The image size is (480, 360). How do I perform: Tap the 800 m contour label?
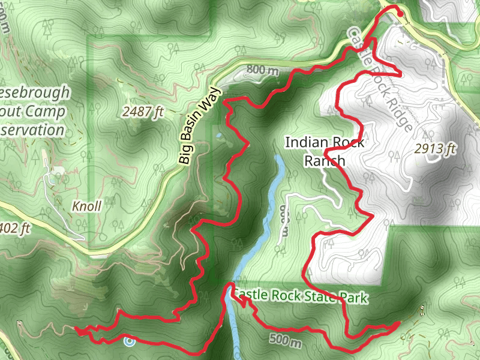click(263, 71)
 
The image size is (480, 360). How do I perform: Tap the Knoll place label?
click(86, 206)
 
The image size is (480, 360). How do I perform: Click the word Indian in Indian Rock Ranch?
click(308, 143)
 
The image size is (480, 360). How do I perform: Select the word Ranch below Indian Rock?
click(325, 160)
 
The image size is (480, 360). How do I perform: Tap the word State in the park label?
click(322, 297)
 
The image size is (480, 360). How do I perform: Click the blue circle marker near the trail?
click(129, 342)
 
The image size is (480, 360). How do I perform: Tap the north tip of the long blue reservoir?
click(278, 158)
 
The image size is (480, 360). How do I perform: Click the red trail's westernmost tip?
click(76, 329)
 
